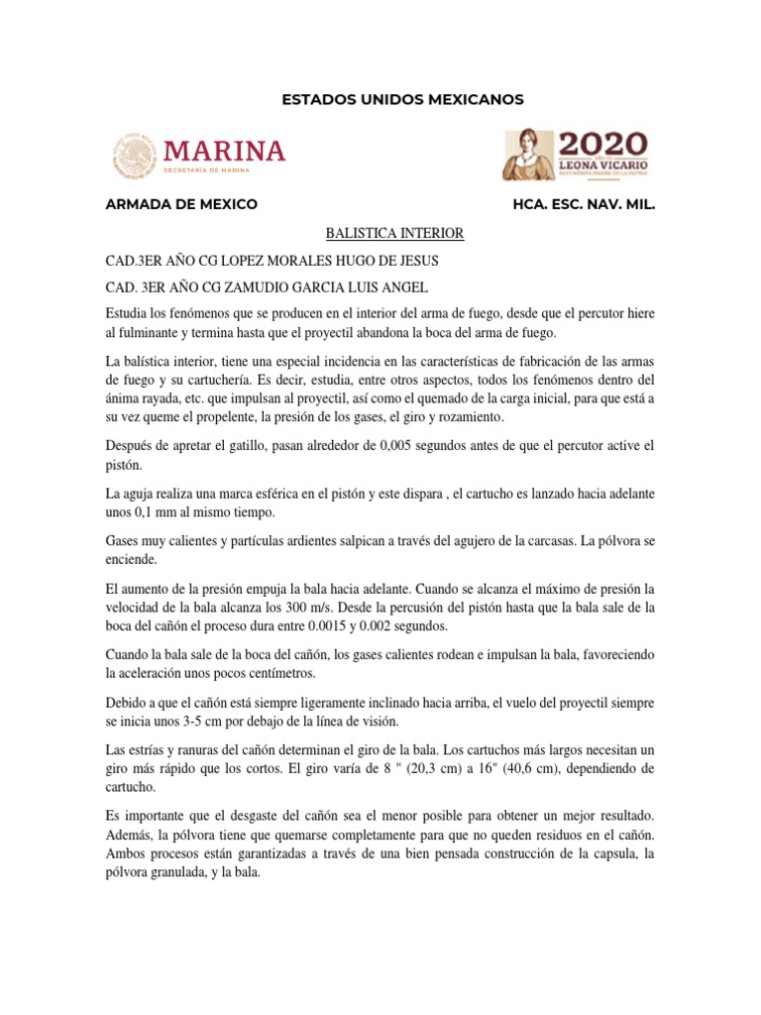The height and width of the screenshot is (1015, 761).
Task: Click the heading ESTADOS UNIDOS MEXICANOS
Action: point(402,99)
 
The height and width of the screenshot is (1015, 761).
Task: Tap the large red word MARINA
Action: point(225,150)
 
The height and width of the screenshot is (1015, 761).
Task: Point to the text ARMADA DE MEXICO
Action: point(182,204)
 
